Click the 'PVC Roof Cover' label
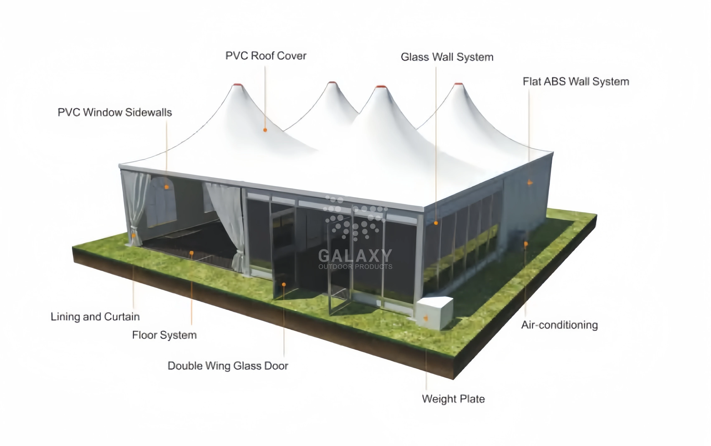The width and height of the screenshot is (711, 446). (x=266, y=56)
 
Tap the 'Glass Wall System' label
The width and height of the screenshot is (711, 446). (x=447, y=57)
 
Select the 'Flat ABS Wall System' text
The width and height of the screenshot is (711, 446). (x=576, y=81)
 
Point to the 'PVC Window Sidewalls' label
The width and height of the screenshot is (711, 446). (x=114, y=112)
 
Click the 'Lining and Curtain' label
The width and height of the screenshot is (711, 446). (x=95, y=317)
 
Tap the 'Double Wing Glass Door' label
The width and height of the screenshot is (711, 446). (x=228, y=366)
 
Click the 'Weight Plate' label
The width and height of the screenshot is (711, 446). (x=453, y=399)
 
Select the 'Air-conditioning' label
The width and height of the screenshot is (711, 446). (x=559, y=325)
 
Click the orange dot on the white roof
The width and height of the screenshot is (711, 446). (x=265, y=130)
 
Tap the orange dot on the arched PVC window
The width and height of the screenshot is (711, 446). (x=167, y=187)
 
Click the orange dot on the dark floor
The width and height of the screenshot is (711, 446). (x=192, y=253)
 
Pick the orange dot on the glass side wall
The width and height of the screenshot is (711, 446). (x=436, y=223)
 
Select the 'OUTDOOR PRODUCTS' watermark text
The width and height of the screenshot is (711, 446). (x=355, y=267)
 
